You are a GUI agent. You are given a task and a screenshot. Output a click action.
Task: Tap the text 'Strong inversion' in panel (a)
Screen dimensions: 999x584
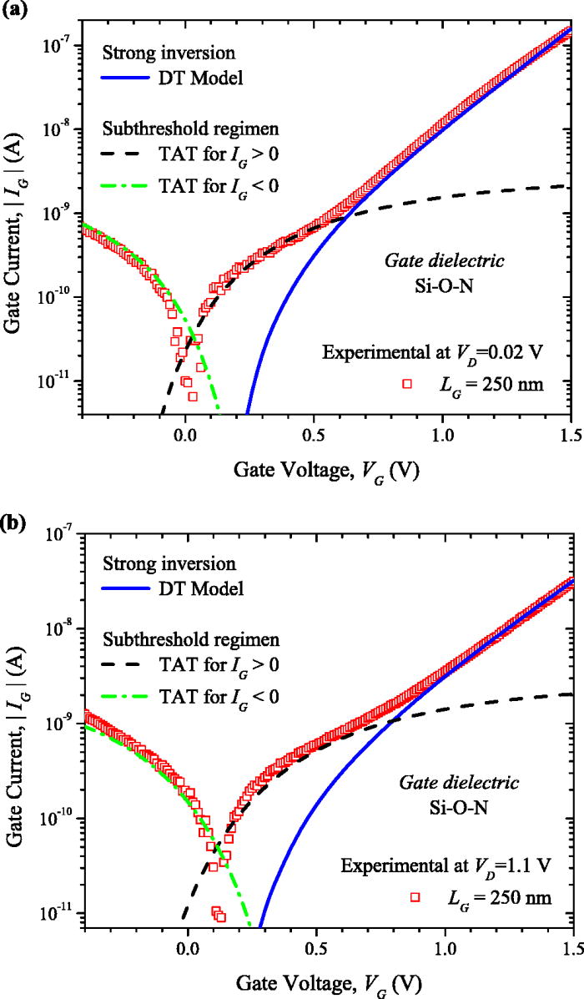point(154,53)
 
